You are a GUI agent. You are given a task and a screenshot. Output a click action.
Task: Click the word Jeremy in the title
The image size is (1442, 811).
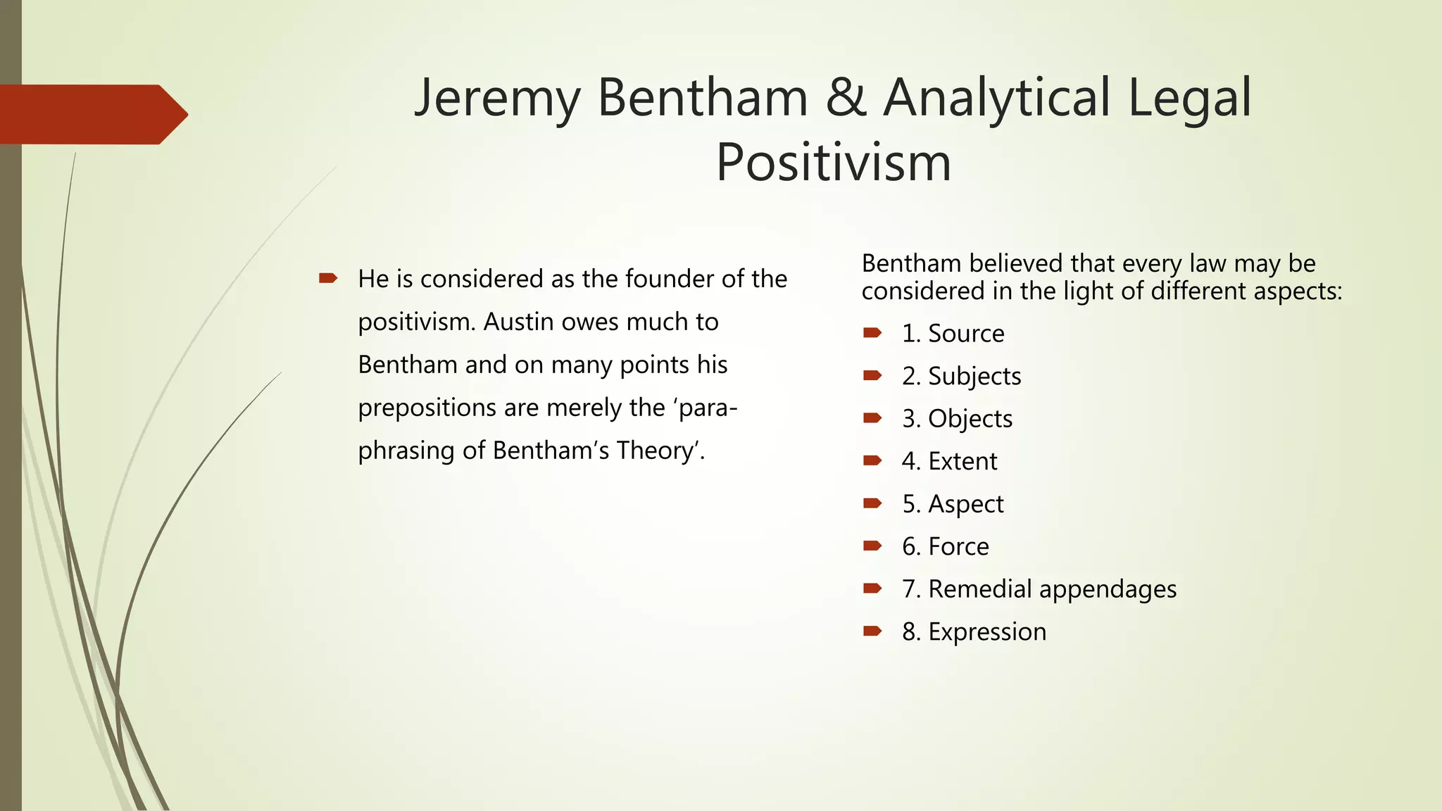pos(497,99)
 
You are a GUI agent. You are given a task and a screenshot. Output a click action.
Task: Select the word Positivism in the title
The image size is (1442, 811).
pos(834,163)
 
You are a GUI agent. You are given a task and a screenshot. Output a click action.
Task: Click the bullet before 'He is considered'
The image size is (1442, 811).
pos(328,279)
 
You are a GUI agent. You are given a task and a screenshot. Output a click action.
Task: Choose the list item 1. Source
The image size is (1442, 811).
pos(953,334)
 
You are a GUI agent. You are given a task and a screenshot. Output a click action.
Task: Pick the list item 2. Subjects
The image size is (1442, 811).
pos(962,376)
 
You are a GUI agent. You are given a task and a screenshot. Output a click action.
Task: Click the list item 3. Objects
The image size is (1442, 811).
pos(958,419)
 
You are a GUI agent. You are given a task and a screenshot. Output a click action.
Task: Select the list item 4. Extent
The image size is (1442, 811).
pos(950,461)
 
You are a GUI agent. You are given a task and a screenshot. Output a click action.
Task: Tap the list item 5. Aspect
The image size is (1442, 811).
pos(953,504)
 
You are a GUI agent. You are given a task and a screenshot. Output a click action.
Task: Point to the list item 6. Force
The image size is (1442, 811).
pos(946,546)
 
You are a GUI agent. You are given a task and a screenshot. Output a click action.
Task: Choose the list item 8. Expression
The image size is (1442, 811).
pos(974,631)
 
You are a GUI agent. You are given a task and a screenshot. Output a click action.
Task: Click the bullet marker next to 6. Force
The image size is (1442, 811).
pos(872,546)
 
